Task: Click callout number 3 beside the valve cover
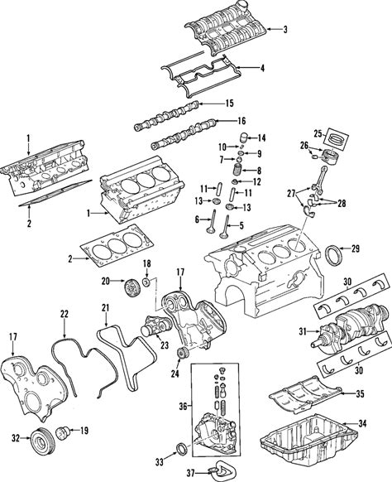pyautogui.click(x=285, y=30)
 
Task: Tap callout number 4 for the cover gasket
pyautogui.click(x=262, y=68)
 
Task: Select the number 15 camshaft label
pyautogui.click(x=229, y=104)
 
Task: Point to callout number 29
pyautogui.click(x=355, y=248)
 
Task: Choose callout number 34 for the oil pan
pyautogui.click(x=362, y=424)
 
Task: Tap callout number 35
pyautogui.click(x=360, y=393)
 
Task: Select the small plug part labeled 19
pyautogui.click(x=63, y=434)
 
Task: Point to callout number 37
pyautogui.click(x=191, y=473)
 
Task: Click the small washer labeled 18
pyautogui.click(x=146, y=282)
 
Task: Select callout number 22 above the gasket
pyautogui.click(x=65, y=314)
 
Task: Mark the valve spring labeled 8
pyautogui.click(x=237, y=170)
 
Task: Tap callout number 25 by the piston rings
pyautogui.click(x=318, y=133)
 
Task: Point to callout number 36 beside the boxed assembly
pyautogui.click(x=184, y=407)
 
